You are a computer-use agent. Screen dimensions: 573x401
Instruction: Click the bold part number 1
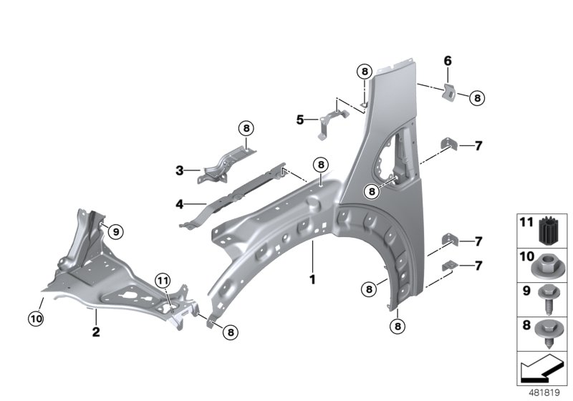point(312,280)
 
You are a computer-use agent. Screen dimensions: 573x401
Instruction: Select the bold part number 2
point(96,332)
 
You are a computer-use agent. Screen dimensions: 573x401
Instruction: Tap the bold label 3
point(180,170)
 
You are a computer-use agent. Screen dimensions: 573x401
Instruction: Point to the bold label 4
point(180,204)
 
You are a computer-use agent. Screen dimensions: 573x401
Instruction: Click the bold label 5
point(300,120)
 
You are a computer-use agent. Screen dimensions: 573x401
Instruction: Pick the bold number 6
point(448,61)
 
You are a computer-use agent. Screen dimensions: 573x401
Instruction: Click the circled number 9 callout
point(116,231)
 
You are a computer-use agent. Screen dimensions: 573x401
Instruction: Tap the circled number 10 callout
point(36,319)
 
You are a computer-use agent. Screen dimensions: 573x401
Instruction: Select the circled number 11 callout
point(163,281)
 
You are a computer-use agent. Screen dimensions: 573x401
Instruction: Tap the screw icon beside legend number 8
point(546,334)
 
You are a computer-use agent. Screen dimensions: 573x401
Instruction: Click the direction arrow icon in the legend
point(542,368)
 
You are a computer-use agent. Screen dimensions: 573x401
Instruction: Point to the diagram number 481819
point(544,392)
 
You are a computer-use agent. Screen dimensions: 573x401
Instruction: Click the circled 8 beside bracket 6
point(477,98)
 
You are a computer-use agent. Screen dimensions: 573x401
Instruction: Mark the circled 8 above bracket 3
point(246,128)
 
